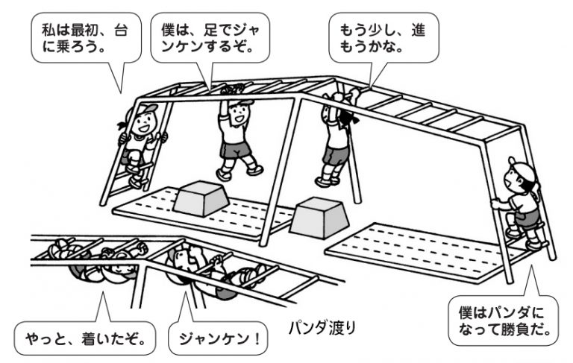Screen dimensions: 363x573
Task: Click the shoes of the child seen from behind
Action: click(322, 180)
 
